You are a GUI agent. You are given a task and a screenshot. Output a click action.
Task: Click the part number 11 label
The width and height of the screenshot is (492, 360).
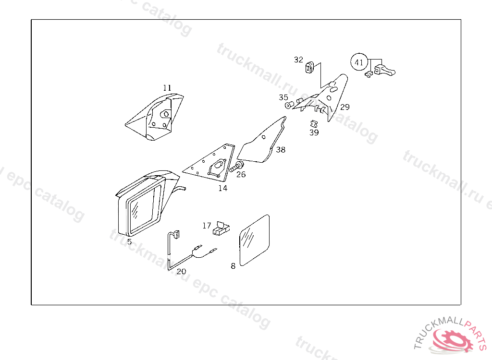[x=167, y=88]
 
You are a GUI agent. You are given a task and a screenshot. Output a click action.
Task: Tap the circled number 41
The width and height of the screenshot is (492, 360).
[x=359, y=62]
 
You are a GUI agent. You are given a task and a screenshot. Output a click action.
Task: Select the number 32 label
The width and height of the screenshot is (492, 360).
[x=299, y=60]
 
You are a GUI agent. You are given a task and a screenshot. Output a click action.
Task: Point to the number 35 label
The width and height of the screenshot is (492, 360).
[x=283, y=97]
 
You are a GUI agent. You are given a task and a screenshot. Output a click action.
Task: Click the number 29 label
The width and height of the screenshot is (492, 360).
[x=345, y=107]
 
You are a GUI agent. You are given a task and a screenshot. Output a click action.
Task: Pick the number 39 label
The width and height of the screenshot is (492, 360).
[x=314, y=132]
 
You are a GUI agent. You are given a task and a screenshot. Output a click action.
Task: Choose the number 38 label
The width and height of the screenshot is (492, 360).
[x=281, y=150]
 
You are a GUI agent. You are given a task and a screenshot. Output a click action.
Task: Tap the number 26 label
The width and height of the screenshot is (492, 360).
[x=241, y=174]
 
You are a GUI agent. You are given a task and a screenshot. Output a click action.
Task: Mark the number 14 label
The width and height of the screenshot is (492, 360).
[x=222, y=188]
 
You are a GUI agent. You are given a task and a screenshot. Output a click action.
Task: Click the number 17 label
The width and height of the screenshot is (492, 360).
[x=207, y=225]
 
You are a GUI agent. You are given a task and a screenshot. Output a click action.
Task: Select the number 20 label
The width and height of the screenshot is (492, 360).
[x=181, y=271]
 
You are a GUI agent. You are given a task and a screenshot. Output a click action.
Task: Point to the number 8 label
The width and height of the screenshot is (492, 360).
[x=233, y=265]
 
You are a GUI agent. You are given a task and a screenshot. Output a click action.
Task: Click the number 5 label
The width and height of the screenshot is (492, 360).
[x=129, y=241]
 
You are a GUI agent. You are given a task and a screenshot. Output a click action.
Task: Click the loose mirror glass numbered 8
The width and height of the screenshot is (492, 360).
[x=255, y=240]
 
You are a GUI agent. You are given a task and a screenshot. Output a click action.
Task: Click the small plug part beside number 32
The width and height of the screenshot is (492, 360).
[x=310, y=67]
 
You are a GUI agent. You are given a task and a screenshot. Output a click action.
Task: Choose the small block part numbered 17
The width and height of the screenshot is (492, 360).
[x=221, y=228]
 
